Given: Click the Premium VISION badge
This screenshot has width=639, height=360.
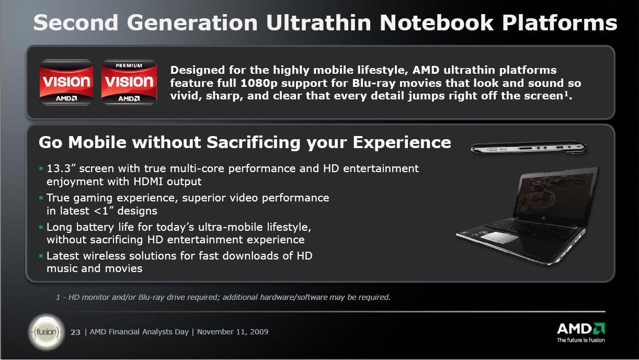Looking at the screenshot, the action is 129,82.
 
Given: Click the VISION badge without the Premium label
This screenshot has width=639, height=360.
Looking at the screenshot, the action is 66,82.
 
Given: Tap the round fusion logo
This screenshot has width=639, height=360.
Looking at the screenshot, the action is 47,332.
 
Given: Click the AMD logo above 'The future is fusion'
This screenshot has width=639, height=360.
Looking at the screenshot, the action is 581,329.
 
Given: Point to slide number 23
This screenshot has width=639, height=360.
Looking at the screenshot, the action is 75,332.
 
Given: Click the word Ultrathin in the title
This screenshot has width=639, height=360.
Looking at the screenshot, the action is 318,23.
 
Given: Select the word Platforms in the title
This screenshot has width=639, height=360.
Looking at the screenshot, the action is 560,23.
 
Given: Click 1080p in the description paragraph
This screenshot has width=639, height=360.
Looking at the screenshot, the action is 259,83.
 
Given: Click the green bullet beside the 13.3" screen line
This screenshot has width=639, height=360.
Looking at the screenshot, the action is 41,168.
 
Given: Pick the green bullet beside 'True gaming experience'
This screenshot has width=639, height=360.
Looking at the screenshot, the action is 41,198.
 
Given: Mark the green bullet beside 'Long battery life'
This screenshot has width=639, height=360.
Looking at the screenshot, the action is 41,227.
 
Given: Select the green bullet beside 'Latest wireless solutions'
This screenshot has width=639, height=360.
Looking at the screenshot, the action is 41,255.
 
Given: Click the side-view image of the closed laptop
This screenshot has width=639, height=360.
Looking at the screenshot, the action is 528,148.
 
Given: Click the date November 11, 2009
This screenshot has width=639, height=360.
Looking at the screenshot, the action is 233,332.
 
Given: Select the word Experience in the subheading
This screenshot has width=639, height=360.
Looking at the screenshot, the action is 402,142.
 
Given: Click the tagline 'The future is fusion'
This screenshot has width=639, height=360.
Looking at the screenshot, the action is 581,340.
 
